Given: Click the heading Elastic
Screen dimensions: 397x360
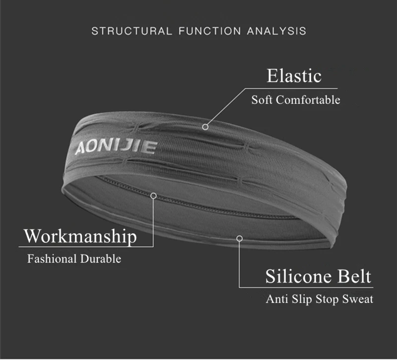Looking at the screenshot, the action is (x=294, y=76).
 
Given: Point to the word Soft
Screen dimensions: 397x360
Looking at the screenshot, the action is (x=262, y=100).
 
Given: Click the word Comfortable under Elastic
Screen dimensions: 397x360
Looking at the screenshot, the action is (x=308, y=100).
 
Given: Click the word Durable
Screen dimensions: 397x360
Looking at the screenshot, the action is (x=101, y=259).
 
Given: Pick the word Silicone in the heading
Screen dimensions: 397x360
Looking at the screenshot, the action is (x=298, y=276).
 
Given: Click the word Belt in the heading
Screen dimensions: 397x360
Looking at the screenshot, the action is (x=354, y=276).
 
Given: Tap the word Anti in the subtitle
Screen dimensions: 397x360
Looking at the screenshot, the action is (x=276, y=299).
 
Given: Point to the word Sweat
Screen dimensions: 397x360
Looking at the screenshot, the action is (x=358, y=299).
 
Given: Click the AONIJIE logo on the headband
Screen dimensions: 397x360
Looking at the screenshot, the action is (x=115, y=147).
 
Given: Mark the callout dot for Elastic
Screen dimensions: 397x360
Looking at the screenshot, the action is (x=205, y=127).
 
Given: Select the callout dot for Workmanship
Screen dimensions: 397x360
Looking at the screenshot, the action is (x=154, y=196).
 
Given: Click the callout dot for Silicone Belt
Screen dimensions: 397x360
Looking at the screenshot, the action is (x=239, y=239).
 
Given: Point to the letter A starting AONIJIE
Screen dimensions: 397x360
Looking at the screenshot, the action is (x=79, y=148).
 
